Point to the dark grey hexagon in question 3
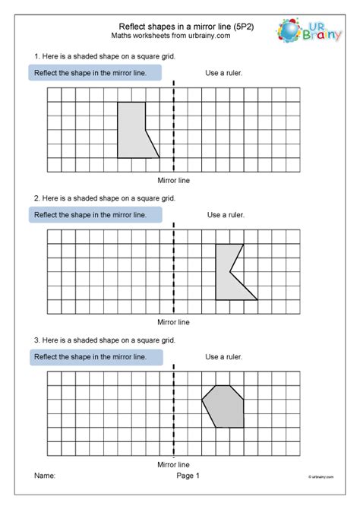pos(224,406)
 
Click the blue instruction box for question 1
pos(96,73)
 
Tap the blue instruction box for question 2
pos(96,215)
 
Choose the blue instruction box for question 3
pos(96,356)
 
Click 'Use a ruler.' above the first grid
pos(223,73)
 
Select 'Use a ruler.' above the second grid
pos(226,215)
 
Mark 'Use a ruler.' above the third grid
pos(224,356)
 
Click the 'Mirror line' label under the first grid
pos(173,181)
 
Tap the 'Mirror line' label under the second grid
pos(173,322)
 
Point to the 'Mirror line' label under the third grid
pos(173,463)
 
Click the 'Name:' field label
pos(45,476)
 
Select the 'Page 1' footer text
pos(188,476)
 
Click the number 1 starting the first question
pos(36,57)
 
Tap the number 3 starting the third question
pos(36,340)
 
